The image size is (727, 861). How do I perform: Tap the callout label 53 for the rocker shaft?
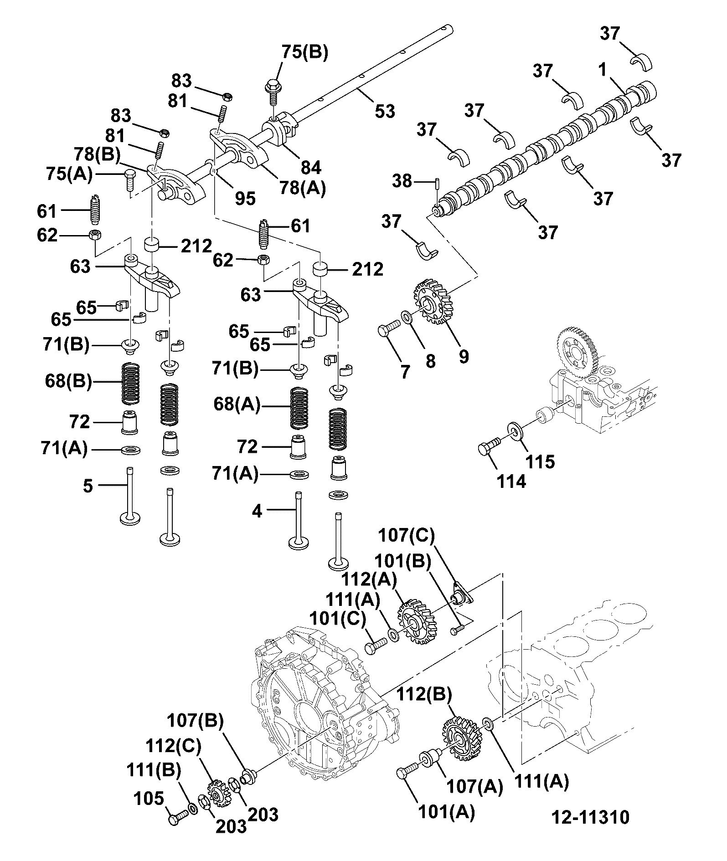click(x=384, y=111)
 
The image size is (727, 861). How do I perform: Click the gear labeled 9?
click(x=433, y=302)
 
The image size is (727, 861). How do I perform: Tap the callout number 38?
click(x=402, y=181)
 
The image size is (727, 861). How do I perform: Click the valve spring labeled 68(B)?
click(x=131, y=383)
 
